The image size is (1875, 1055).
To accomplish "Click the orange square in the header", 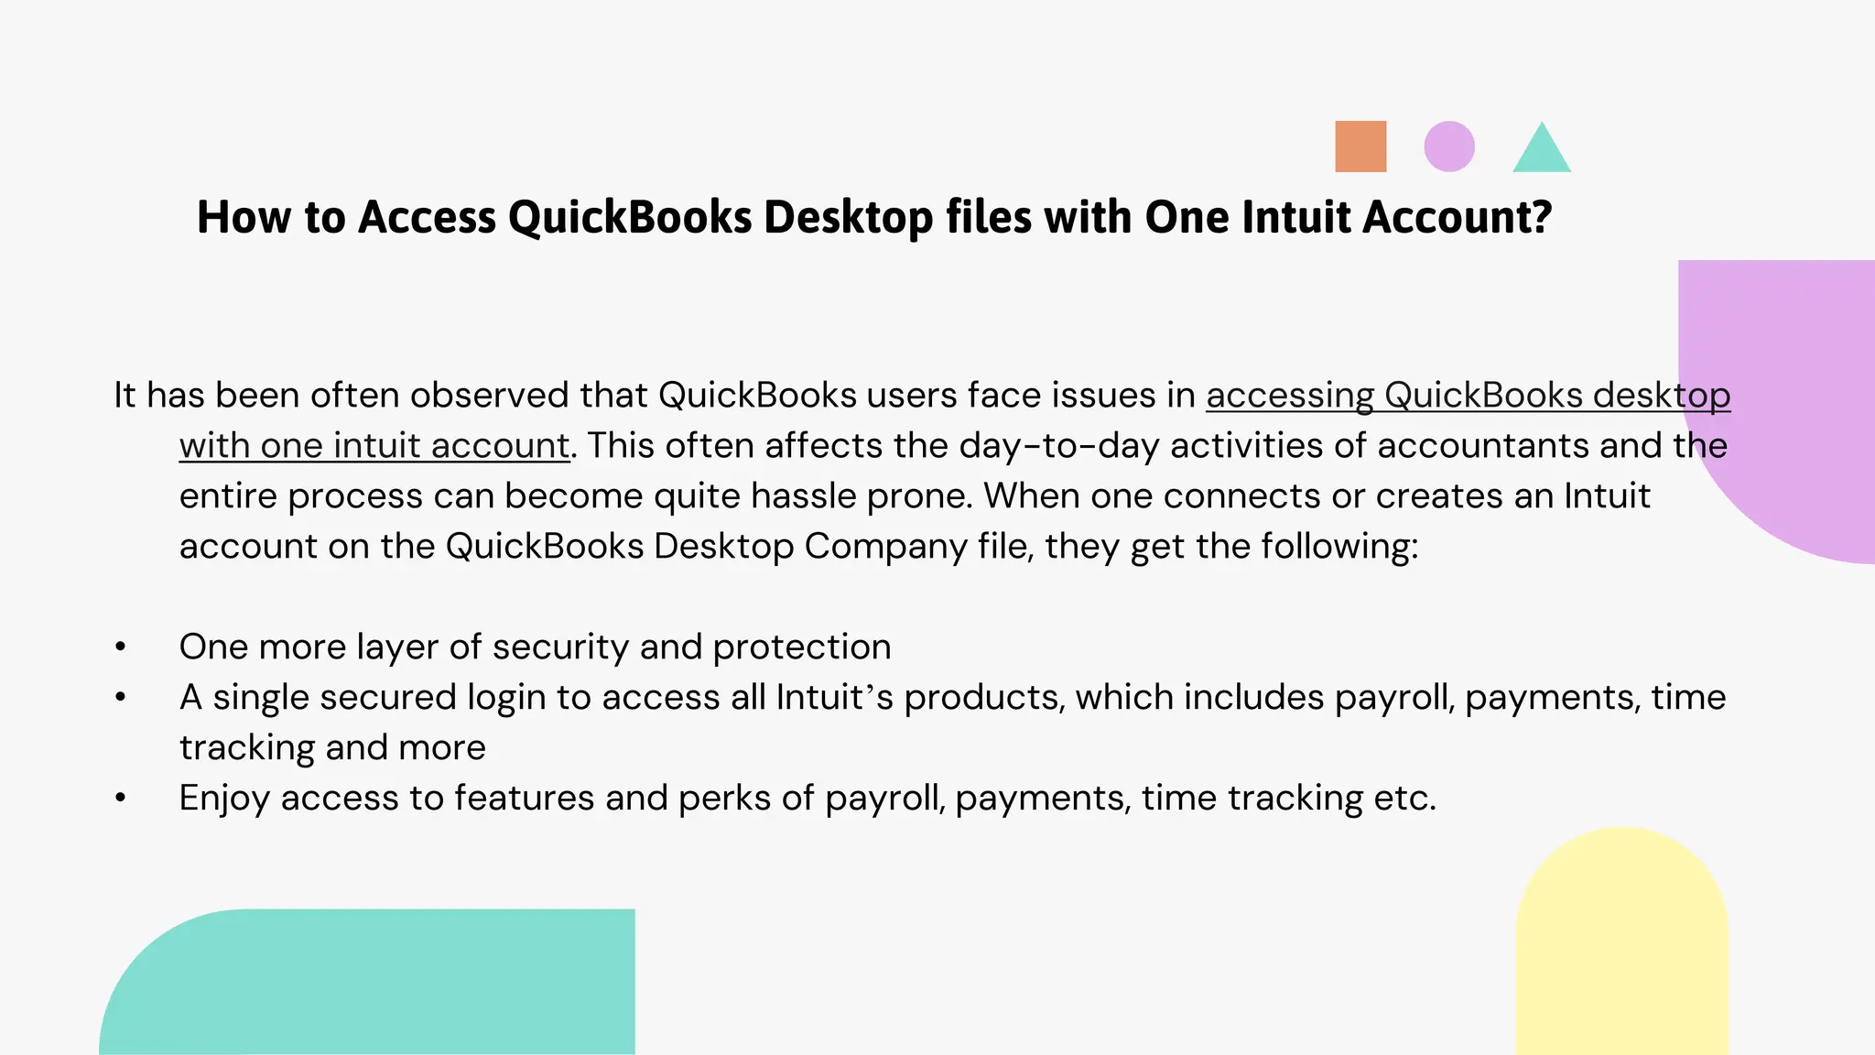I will click(1360, 147).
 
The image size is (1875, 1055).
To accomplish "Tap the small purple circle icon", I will click(1449, 147).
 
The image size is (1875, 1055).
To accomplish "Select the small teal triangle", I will click(1542, 152).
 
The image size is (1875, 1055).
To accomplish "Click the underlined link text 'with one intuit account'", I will click(374, 446).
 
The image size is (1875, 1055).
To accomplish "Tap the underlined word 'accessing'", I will click(1290, 396).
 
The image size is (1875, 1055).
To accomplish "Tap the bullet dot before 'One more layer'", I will click(121, 647).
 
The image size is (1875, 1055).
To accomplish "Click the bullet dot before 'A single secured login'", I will click(121, 697).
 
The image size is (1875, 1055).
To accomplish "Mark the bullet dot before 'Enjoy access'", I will click(121, 798).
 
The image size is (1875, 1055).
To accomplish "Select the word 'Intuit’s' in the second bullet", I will click(834, 698).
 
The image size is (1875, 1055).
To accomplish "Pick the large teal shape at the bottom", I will click(385, 984).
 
